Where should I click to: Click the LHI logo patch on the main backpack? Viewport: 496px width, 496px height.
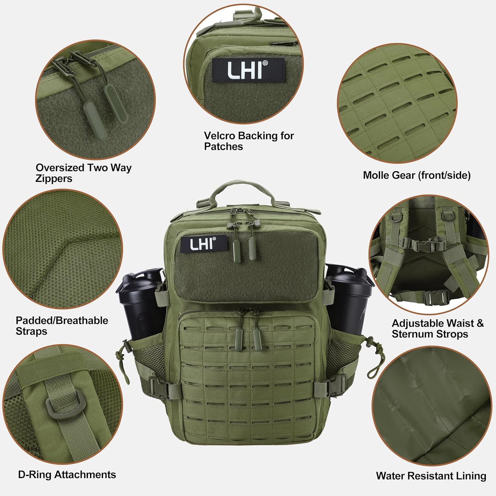point(204,244)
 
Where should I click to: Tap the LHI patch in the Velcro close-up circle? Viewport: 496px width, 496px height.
point(248,70)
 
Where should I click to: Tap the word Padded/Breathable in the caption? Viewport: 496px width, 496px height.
point(62,321)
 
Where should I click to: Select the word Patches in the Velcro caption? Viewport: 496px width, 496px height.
point(223,147)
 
